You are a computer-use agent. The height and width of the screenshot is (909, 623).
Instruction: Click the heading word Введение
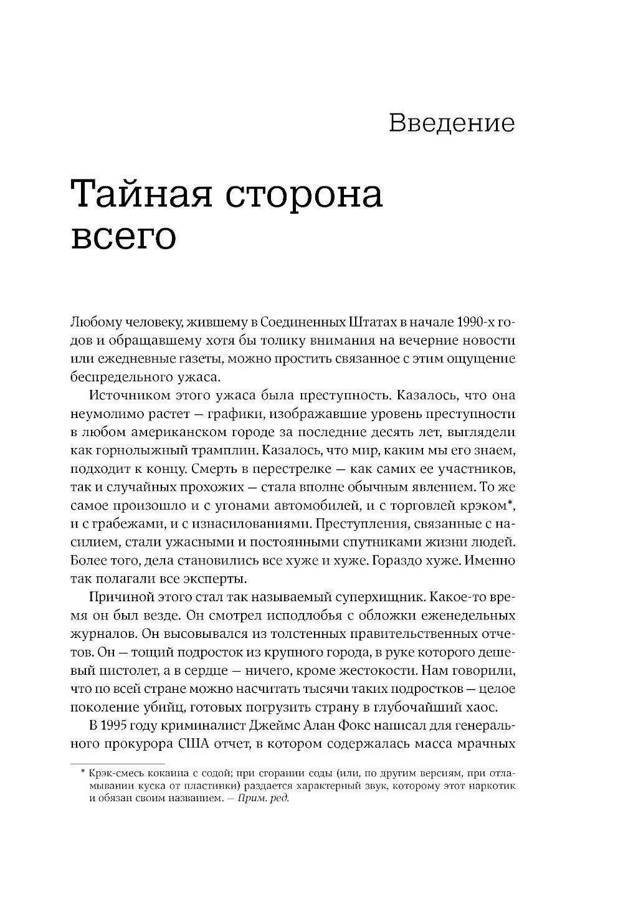pyautogui.click(x=452, y=123)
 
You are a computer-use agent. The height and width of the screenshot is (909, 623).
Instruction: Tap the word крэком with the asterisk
pyautogui.click(x=487, y=505)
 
